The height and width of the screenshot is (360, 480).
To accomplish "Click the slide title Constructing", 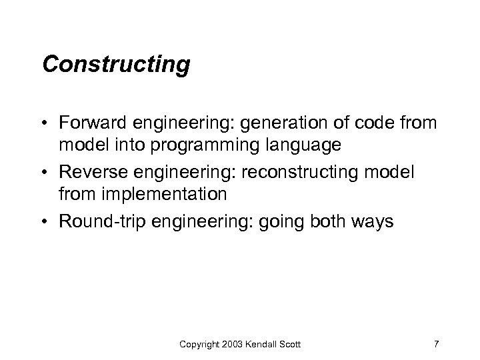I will (115, 65).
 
